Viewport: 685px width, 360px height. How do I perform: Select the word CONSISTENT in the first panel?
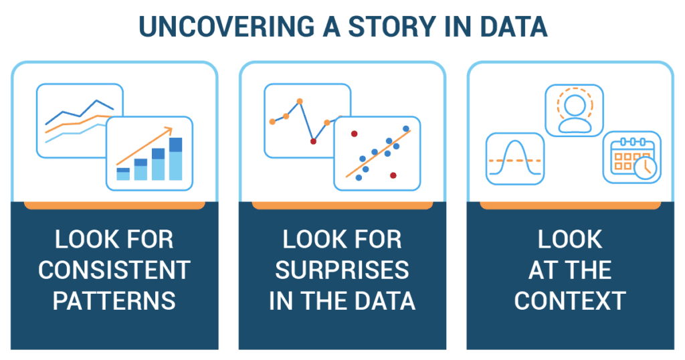[114, 270]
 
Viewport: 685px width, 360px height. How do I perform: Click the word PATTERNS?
[114, 300]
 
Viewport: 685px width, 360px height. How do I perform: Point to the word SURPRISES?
[342, 270]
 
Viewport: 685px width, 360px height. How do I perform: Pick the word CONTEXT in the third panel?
[570, 300]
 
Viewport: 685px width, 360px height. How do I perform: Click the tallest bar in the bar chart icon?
[176, 159]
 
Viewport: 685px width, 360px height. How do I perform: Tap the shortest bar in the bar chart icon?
[123, 174]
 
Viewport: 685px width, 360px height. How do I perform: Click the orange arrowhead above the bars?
[167, 130]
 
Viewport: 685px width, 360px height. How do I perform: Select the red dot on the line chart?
[313, 141]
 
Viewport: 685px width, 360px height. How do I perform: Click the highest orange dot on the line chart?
[300, 101]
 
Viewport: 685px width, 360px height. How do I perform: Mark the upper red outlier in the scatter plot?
[355, 134]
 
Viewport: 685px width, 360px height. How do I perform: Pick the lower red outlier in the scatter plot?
[393, 175]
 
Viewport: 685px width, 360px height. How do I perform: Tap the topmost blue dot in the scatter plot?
[406, 128]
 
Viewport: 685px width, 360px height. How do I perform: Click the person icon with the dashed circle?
[575, 110]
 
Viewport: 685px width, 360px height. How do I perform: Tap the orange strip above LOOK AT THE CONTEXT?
[570, 205]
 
